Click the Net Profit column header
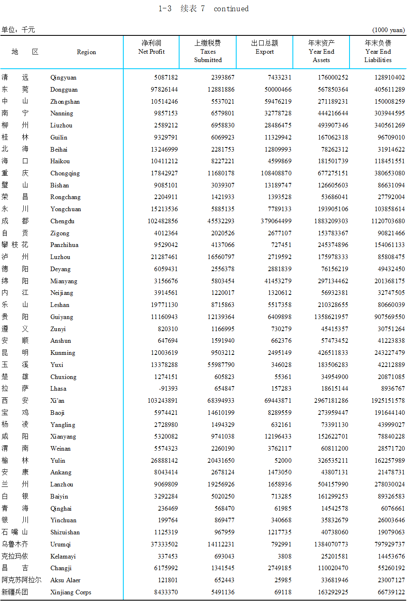[151, 47]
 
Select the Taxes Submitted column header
[208, 52]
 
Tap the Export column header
[265, 47]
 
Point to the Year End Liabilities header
[378, 52]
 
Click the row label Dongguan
[64, 90]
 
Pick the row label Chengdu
[62, 221]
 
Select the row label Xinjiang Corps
[70, 592]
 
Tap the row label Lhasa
[58, 389]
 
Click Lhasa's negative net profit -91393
[168, 389]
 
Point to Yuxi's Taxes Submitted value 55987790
[221, 365]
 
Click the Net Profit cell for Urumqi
[164, 544]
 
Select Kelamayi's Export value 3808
[285, 556]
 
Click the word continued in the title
[231, 9]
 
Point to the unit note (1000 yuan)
[388, 30]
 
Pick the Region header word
[86, 52]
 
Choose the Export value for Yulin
[283, 461]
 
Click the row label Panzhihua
[64, 245]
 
